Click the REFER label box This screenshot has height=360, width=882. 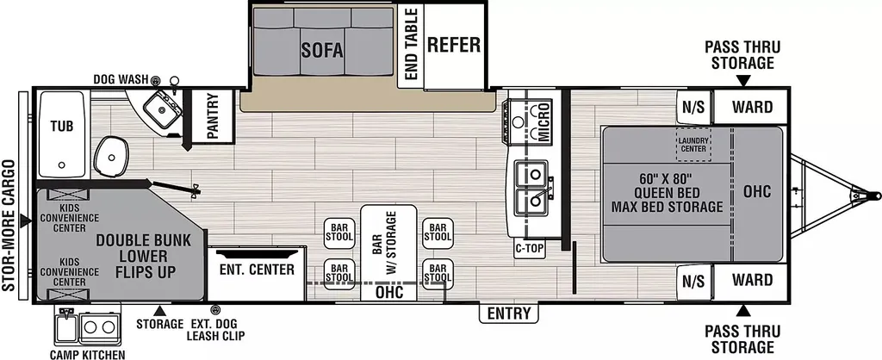click(454, 45)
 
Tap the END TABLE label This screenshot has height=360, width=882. click(411, 44)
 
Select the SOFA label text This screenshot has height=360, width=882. click(322, 50)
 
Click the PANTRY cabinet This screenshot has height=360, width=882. click(213, 116)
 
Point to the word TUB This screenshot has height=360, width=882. click(61, 126)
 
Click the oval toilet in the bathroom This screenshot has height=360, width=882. click(111, 155)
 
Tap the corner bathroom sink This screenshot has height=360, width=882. click(162, 111)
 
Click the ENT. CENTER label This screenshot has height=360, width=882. click(257, 270)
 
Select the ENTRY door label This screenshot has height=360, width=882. click(508, 313)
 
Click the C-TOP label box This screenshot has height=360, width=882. click(530, 248)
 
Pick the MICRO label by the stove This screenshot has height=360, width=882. click(543, 121)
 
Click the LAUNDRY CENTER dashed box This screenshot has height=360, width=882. click(693, 145)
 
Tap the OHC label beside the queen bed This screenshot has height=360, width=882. click(756, 191)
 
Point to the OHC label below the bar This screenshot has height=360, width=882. click(388, 293)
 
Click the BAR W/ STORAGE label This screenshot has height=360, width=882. click(388, 242)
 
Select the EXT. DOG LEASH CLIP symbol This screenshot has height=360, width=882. click(214, 310)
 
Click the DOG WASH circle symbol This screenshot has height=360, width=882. click(156, 80)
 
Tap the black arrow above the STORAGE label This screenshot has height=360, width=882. click(159, 311)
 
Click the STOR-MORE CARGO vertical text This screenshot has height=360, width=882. click(9, 226)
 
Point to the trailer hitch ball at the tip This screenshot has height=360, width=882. click(874, 196)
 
